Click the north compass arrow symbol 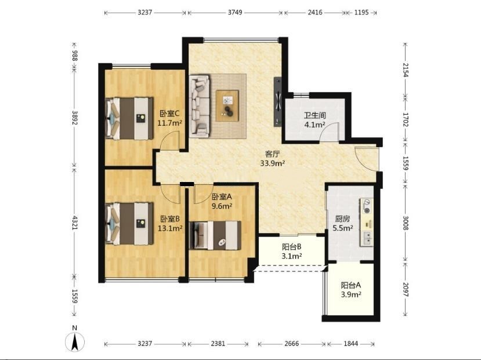click(x=74, y=341)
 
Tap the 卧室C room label click(x=169, y=114)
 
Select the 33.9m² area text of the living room click(x=272, y=163)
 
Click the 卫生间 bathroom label click(x=314, y=115)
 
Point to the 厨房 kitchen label click(x=342, y=219)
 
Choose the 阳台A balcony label click(x=350, y=285)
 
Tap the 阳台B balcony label click(x=292, y=246)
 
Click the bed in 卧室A click(x=215, y=235)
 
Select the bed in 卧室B click(x=129, y=223)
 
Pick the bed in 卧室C click(x=129, y=118)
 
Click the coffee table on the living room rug click(x=227, y=106)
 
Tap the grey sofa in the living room click(x=200, y=106)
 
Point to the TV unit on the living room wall click(x=278, y=101)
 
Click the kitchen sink click(x=367, y=238)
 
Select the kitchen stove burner click(x=366, y=206)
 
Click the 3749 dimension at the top click(x=235, y=13)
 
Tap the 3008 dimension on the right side click(x=406, y=223)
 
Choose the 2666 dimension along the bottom click(x=291, y=343)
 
